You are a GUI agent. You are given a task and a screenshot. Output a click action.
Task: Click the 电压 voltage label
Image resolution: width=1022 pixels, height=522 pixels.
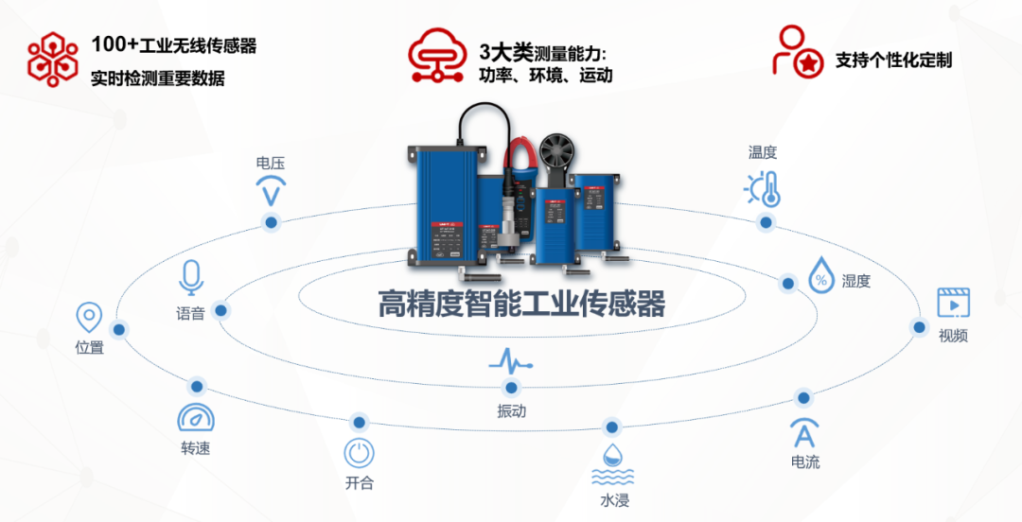[x=270, y=164]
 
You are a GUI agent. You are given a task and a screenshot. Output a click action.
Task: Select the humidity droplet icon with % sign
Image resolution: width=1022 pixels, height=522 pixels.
[x=820, y=277]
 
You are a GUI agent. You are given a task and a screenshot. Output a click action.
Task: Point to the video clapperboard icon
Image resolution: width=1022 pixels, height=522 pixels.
[x=953, y=303]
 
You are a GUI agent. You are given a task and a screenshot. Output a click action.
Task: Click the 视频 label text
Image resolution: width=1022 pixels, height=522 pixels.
[x=953, y=336]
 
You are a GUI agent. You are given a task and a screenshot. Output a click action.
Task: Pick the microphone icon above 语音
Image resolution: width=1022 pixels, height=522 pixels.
[x=191, y=277]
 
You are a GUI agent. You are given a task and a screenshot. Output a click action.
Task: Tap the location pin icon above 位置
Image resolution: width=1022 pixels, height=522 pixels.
[x=89, y=318]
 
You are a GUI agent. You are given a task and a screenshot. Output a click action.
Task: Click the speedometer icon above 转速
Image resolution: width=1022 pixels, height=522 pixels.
[x=196, y=418]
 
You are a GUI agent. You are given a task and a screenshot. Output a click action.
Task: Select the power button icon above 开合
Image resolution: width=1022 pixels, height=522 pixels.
[x=359, y=453]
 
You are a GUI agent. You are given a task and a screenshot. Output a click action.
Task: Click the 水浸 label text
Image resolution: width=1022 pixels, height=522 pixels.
[x=614, y=500]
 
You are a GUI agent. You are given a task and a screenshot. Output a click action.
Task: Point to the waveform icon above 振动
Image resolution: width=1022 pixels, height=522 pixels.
[x=511, y=360]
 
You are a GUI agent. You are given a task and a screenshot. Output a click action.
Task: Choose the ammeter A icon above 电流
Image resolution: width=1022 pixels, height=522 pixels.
[x=804, y=433]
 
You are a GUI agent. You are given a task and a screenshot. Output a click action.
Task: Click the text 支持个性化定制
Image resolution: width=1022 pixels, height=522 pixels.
[x=893, y=61]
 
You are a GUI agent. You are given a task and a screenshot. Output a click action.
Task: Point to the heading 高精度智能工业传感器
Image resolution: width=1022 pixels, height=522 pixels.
[x=521, y=304]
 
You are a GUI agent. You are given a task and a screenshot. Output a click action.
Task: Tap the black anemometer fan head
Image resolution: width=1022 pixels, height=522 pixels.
[x=557, y=154]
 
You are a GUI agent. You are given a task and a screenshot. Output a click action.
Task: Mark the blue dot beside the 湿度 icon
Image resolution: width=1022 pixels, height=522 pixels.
[x=787, y=283]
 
